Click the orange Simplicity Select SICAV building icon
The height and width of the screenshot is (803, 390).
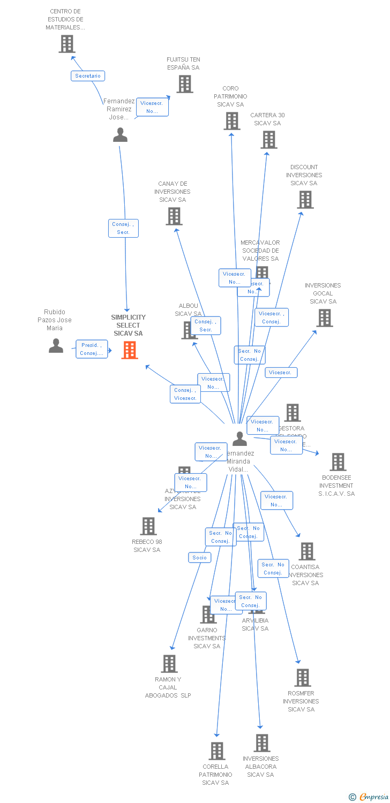pos(130,350)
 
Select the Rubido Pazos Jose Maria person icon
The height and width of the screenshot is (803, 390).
pos(56,346)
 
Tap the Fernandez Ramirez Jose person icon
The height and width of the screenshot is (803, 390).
pos(121,135)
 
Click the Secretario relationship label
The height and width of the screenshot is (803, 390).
pos(88,76)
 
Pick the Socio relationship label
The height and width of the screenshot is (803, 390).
pos(199,558)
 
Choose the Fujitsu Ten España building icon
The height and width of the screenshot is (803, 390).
pos(185,84)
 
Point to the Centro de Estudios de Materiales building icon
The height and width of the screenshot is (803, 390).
pos(67,44)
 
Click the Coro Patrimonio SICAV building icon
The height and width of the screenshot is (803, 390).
pos(232,121)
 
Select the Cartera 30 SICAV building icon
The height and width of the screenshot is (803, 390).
pos(269,140)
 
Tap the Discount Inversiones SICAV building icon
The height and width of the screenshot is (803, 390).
pos(305,200)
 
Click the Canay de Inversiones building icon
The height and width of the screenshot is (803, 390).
pos(174,216)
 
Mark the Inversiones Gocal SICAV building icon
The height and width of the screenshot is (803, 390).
pos(325,318)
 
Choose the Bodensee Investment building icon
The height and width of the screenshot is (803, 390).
pos(338,462)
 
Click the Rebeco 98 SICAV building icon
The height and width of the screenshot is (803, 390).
pos(148,526)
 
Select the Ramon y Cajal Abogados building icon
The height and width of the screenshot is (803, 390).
pos(169,664)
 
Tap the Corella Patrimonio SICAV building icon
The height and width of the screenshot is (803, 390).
pos(217,751)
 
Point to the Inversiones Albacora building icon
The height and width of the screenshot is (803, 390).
pos(262,743)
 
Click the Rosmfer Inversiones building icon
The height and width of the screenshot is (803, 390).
pos(303,678)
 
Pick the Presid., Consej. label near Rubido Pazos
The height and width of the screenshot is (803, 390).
pos(92,349)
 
